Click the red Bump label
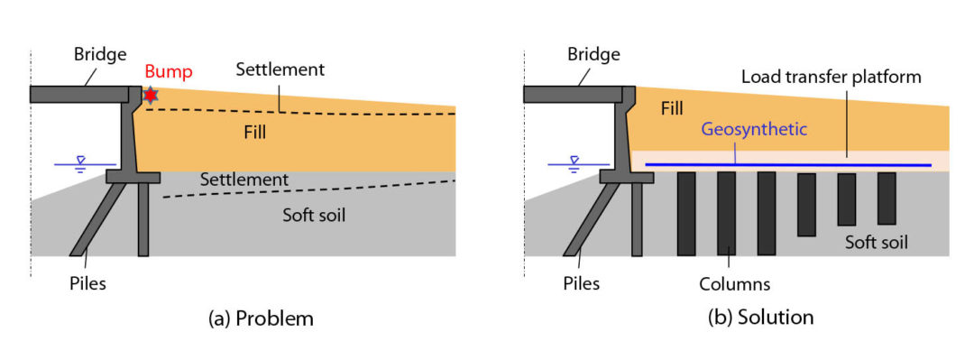[x=169, y=71]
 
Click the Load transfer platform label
[x=832, y=77]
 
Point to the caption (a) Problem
[x=262, y=318]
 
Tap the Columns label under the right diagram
[x=735, y=284]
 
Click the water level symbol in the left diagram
[x=80, y=164]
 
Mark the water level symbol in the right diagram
[x=574, y=164]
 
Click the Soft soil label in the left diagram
[x=314, y=215]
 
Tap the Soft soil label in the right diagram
[x=877, y=242]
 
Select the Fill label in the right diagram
[x=673, y=108]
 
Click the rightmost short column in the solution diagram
[x=887, y=198]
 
